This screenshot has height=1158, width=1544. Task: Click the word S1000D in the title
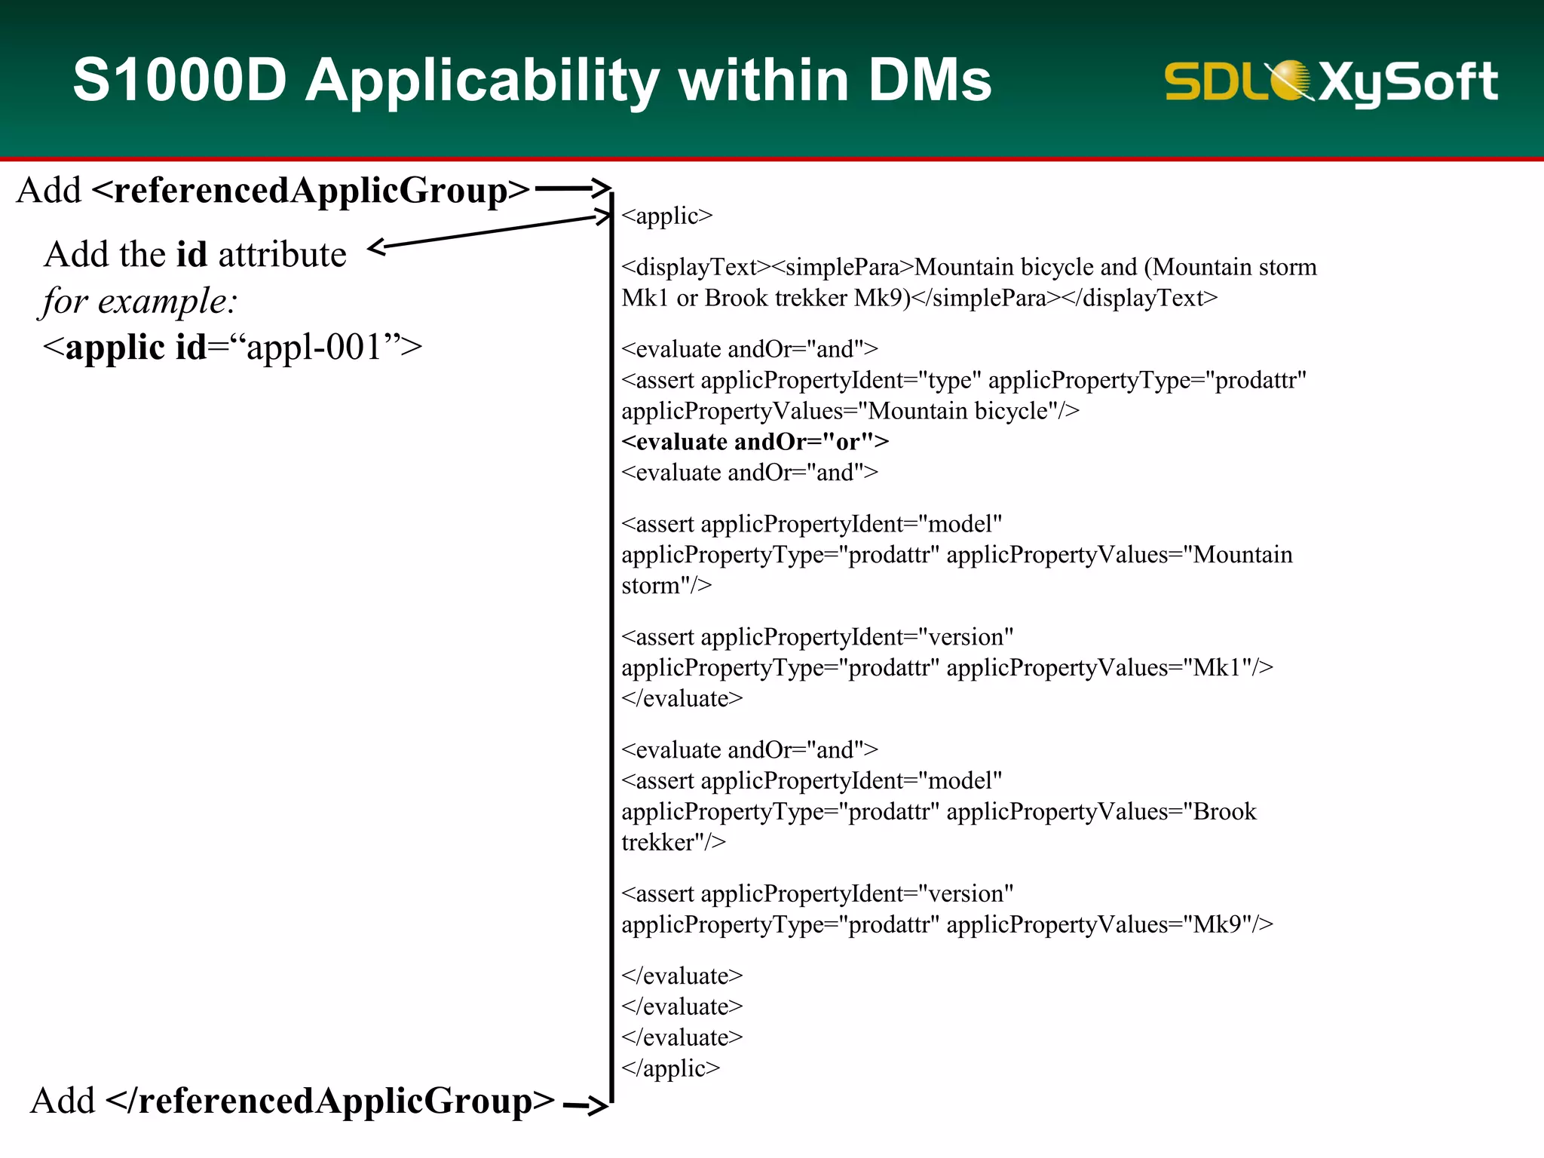179,80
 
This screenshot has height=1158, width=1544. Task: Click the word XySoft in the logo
1408,81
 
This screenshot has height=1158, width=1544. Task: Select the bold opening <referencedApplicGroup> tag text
311,190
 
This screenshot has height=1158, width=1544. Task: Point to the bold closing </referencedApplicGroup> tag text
330,1101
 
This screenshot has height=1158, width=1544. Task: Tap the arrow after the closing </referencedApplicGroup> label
585,1106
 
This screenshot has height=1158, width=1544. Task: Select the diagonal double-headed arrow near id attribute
490,231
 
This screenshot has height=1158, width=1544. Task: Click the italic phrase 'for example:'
139,301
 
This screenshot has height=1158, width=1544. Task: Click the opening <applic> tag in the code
666,216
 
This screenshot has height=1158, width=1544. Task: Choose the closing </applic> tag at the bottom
670,1068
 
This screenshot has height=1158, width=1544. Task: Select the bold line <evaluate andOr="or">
755,441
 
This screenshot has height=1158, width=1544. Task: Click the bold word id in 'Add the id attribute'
191,254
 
